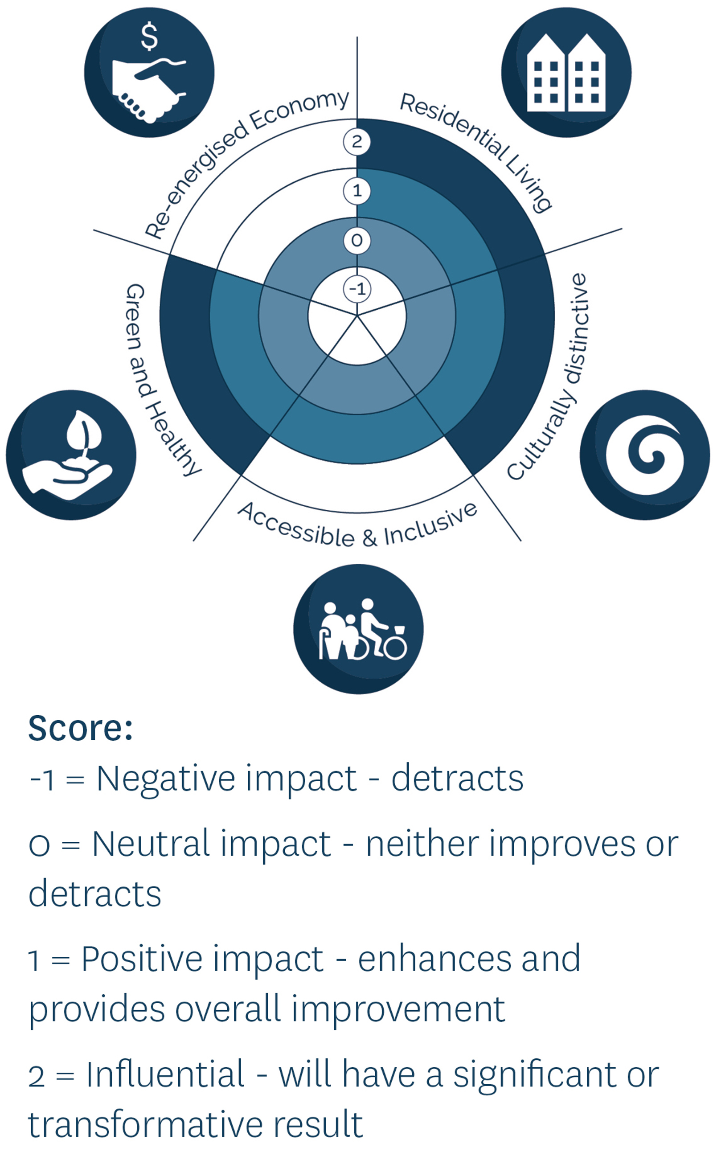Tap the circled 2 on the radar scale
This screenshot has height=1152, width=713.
357,141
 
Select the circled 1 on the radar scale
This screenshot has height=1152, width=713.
357,191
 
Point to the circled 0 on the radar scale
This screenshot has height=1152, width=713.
357,241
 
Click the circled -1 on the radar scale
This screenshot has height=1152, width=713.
357,289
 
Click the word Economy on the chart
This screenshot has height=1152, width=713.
300,109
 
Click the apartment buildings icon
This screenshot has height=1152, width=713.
566,73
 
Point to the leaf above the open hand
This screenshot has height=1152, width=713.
83,430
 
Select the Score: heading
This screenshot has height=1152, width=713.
81,729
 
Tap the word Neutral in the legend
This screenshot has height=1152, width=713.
151,844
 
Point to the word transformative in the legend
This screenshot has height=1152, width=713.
145,1125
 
